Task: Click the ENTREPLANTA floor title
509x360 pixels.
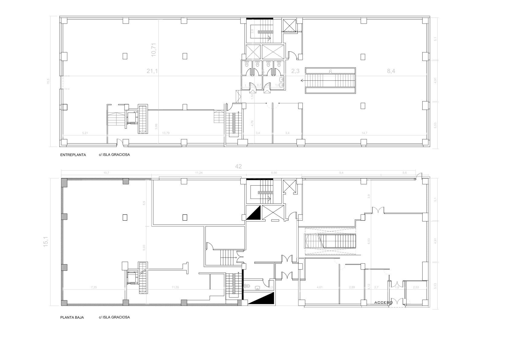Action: pos(73,155)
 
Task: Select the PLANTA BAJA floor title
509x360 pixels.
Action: pos(72,317)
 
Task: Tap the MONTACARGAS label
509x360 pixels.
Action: pos(291,32)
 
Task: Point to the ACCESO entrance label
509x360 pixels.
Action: pos(383,303)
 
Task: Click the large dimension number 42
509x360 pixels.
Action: pos(238,166)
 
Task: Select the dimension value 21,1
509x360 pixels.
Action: pos(152,71)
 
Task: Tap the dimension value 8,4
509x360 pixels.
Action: pos(391,71)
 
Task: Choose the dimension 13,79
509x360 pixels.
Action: pos(166,133)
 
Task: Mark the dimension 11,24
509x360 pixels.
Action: pos(199,173)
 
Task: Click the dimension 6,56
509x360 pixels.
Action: pos(274,173)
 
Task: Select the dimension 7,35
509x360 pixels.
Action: pos(94,287)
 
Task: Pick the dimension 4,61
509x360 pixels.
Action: pos(319,287)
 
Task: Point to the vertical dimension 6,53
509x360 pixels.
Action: pos(368,241)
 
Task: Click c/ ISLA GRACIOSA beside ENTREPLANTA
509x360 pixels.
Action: pos(114,155)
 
